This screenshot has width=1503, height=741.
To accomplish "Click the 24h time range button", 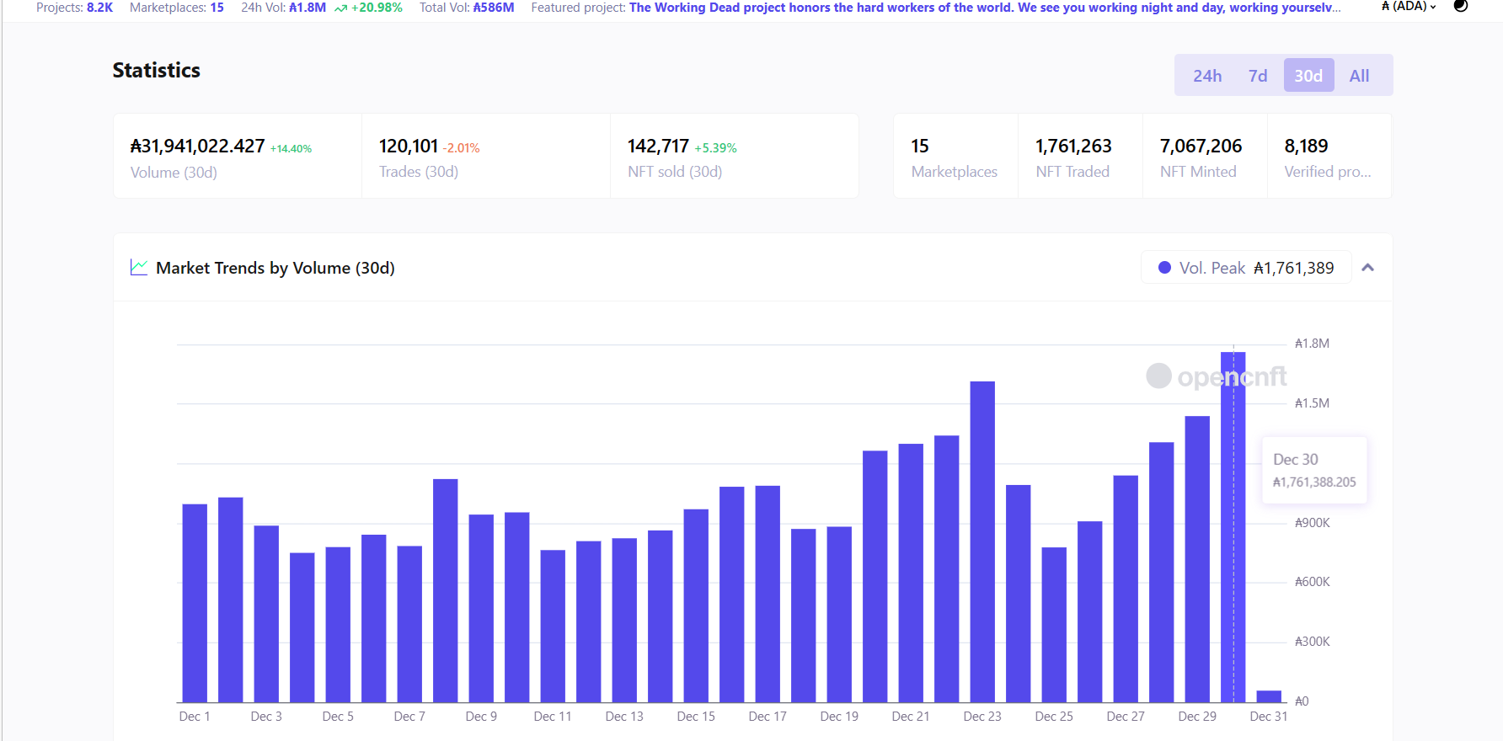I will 1206,76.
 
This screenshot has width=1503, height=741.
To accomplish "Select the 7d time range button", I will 1257,76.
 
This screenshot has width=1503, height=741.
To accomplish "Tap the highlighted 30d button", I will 1308,76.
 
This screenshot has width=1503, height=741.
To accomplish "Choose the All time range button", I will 1359,76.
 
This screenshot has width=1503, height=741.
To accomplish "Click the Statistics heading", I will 157,71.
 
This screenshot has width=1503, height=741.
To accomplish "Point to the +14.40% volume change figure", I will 291,149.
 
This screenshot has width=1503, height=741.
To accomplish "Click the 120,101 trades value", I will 409,147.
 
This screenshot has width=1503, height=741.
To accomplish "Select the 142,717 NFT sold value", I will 658,147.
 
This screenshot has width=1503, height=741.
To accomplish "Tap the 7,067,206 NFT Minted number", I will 1201,147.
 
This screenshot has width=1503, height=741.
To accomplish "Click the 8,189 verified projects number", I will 1306,147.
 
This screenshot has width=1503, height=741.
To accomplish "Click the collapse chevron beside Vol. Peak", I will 1368,268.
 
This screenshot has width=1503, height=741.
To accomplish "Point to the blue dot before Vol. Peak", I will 1164,268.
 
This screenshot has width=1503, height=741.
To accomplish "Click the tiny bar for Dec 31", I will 1269,696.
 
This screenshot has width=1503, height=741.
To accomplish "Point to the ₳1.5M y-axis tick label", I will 1312,403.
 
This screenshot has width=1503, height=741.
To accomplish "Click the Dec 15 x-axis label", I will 696,717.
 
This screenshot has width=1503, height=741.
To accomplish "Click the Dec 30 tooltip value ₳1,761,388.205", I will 1314,482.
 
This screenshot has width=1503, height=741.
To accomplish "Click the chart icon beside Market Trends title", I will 139,268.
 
